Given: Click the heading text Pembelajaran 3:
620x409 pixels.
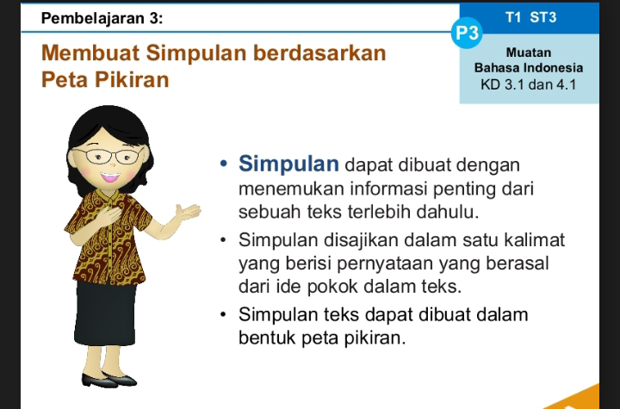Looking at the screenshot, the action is tap(102, 19).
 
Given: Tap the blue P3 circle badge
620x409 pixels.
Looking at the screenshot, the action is tap(467, 33).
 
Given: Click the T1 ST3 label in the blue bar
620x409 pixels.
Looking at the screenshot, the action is tap(530, 17).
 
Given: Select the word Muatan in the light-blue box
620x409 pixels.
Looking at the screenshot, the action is tap(529, 53).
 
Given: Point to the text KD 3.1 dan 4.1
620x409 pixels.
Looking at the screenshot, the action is tap(528, 84).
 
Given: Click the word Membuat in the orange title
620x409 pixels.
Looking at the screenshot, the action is tap(90, 53).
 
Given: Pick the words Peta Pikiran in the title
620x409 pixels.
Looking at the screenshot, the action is tap(105, 79).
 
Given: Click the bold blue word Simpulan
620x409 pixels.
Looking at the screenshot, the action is tap(288, 164).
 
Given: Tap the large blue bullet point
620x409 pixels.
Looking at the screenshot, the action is tap(224, 163).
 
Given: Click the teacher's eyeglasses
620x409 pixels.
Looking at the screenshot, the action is tap(108, 156).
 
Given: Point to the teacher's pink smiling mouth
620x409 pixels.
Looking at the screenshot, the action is tap(110, 177).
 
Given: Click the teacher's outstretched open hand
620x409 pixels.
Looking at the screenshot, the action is tap(189, 212).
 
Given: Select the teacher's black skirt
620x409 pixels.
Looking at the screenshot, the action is tap(105, 313).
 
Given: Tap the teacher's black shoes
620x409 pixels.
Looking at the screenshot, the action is tap(109, 380).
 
